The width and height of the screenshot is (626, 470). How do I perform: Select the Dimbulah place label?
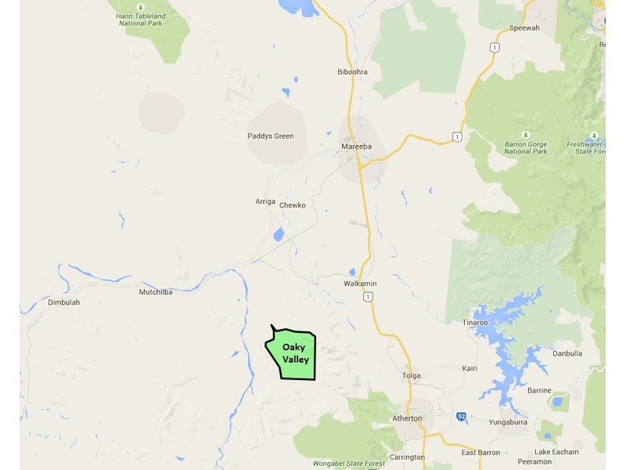coord(64,302)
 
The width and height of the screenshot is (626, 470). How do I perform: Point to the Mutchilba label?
coord(155,292)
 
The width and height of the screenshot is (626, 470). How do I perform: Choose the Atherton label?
coord(407,418)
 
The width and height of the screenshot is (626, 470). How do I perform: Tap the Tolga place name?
coord(411,376)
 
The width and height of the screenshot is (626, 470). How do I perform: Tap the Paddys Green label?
coord(271,136)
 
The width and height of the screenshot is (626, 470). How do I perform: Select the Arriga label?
coord(265,201)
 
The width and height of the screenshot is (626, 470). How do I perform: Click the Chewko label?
coord(292,205)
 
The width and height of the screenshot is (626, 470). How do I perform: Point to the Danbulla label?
coord(567,353)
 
